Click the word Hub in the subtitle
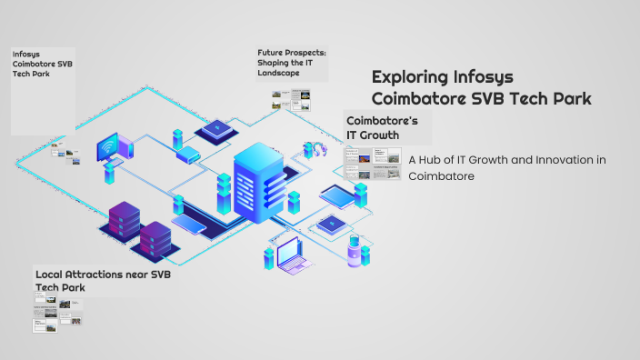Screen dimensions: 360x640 click(x=432, y=160)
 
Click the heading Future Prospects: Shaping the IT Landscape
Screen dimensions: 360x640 click(x=291, y=64)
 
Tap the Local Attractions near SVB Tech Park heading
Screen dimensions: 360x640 click(x=102, y=280)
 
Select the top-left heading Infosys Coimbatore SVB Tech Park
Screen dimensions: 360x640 click(x=37, y=64)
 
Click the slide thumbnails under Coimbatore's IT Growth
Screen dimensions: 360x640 click(x=372, y=164)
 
